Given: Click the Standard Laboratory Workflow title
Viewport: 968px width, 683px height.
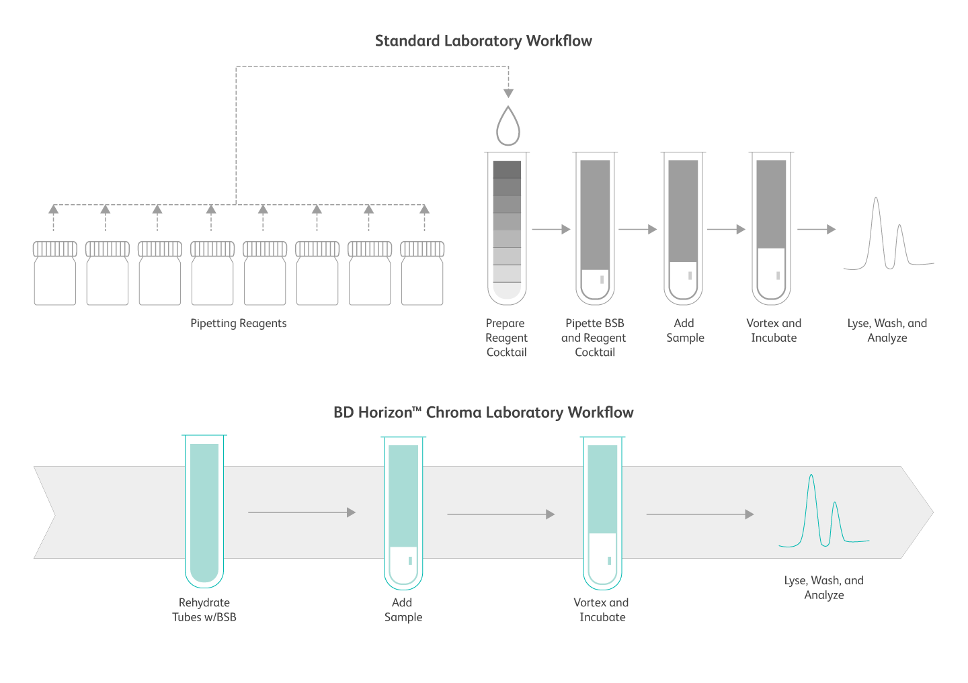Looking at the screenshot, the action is click(483, 41).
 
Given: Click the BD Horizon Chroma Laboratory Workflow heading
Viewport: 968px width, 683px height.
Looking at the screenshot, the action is click(483, 412).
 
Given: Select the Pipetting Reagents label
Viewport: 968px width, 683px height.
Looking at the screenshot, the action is click(238, 324).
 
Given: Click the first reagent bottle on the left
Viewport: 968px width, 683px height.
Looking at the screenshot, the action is click(55, 273).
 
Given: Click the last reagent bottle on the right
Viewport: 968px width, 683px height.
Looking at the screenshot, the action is click(422, 273).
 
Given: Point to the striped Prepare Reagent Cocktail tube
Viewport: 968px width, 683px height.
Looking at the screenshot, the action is click(507, 228).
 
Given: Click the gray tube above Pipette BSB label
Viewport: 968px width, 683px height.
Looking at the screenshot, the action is click(595, 228).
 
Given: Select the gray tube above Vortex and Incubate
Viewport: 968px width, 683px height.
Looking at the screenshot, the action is click(772, 228).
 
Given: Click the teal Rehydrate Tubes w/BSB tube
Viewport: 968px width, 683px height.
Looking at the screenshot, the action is click(204, 511).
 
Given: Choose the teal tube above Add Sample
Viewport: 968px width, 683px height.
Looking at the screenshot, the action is click(403, 513).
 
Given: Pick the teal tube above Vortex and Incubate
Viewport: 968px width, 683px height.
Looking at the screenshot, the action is click(602, 513).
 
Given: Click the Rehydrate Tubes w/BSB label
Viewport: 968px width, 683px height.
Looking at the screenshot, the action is click(204, 610).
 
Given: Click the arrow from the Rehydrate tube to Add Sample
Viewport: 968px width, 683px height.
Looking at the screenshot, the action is click(302, 512).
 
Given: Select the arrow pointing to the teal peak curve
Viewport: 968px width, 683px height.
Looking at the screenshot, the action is click(700, 514).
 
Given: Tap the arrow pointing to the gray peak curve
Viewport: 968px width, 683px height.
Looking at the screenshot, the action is click(816, 229).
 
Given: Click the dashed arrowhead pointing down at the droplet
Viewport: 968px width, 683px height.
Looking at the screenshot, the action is click(508, 93).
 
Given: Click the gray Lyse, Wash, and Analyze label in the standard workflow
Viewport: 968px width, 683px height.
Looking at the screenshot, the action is click(887, 330).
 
